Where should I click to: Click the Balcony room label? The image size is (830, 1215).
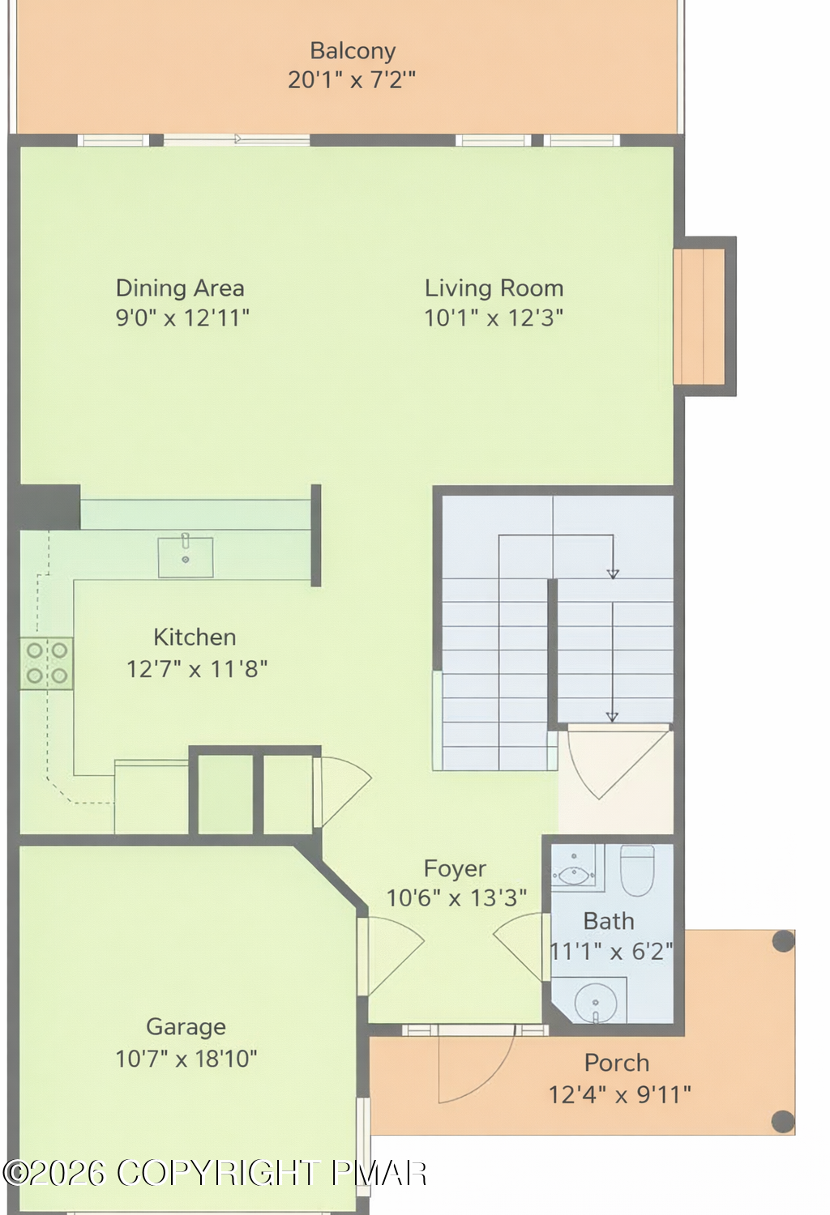click(x=353, y=51)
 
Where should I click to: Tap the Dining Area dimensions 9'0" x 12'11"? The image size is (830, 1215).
click(x=182, y=318)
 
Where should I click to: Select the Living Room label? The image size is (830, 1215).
click(x=494, y=288)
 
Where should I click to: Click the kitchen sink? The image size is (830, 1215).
click(x=186, y=556)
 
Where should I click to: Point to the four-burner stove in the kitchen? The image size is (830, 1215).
click(x=47, y=663)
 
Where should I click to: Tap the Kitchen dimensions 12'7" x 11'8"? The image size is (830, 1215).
click(x=197, y=669)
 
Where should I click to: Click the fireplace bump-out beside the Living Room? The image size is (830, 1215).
click(x=704, y=316)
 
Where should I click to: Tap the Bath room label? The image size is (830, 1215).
click(x=609, y=922)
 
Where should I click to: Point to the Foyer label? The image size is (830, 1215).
click(x=455, y=868)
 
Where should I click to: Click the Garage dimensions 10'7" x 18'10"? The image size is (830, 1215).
click(x=186, y=1058)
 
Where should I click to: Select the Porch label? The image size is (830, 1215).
click(x=617, y=1063)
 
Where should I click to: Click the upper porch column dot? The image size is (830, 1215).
click(x=783, y=941)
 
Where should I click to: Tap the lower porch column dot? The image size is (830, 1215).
click(x=783, y=1121)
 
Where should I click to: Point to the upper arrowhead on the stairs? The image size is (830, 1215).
click(x=613, y=573)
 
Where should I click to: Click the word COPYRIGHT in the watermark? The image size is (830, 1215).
click(x=218, y=1174)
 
